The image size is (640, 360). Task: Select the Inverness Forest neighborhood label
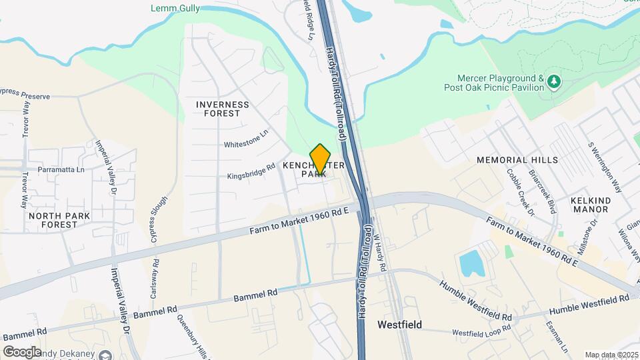223,109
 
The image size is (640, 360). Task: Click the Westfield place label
399,325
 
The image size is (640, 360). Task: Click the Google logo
22,351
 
